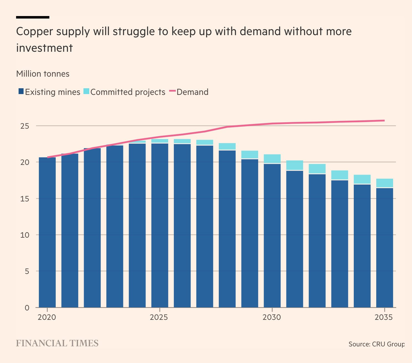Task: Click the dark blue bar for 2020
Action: click(x=47, y=232)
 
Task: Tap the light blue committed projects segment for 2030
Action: click(x=272, y=159)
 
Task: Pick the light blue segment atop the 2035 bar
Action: click(x=385, y=183)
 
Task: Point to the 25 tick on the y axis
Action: click(x=25, y=126)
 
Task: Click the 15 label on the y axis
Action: click(x=25, y=199)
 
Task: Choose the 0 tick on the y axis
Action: click(x=27, y=308)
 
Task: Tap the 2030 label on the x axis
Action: click(x=272, y=317)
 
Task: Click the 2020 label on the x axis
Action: click(x=47, y=317)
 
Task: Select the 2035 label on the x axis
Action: click(x=384, y=317)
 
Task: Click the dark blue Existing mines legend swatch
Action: click(x=21, y=91)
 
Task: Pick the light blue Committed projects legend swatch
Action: click(x=86, y=91)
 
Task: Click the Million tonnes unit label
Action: click(x=43, y=74)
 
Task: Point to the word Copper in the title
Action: click(x=34, y=32)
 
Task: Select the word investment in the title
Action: click(x=44, y=48)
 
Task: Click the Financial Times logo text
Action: click(x=57, y=343)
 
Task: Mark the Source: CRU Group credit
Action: click(x=376, y=344)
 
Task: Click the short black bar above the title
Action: click(x=33, y=17)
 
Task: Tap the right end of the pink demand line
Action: click(x=384, y=121)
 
